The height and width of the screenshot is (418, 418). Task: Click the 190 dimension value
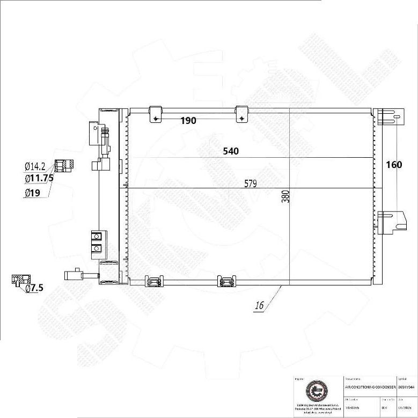click(188, 121)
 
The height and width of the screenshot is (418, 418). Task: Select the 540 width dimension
click(231, 151)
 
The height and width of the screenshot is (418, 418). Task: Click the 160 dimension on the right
click(394, 165)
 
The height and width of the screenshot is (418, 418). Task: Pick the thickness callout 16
click(259, 306)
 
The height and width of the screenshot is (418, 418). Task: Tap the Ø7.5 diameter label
click(34, 288)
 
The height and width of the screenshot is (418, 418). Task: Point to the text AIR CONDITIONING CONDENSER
click(370, 386)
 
